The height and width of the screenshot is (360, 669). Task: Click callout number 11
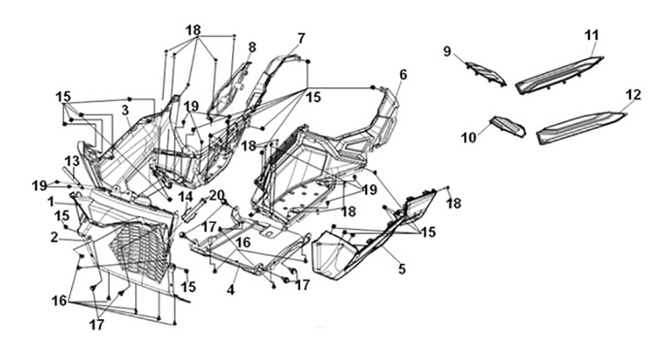click(592, 35)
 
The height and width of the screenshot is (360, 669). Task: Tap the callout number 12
click(633, 94)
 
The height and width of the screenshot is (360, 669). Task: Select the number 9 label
click(447, 52)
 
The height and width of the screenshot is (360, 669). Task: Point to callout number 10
click(468, 137)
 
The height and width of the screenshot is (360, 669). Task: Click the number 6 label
click(403, 75)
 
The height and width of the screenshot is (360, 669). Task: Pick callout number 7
click(301, 38)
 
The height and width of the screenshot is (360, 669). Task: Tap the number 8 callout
click(252, 48)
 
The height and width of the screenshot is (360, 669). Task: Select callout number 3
click(125, 111)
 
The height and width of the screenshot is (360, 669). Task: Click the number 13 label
click(72, 162)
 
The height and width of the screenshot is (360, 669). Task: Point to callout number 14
click(186, 197)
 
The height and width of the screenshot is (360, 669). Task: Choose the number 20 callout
click(217, 195)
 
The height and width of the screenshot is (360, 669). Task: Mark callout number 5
click(402, 269)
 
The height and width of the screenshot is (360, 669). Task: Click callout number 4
click(230, 290)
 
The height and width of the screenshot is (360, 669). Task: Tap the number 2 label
click(54, 237)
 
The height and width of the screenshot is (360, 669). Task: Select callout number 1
click(52, 201)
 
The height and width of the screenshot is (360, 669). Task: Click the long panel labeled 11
click(559, 76)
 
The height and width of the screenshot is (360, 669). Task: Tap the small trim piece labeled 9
click(486, 73)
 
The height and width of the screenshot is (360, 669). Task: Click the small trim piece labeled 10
click(508, 127)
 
